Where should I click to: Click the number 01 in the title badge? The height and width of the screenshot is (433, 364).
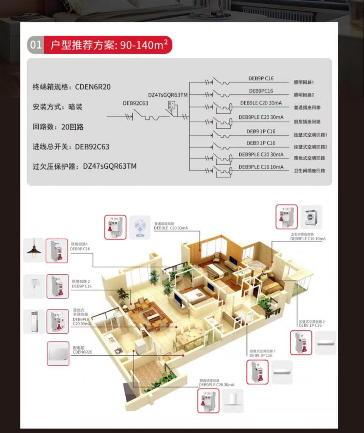(35, 45)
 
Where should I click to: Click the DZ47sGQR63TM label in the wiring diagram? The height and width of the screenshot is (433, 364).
(168, 95)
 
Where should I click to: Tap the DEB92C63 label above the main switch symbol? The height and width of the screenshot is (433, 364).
(135, 103)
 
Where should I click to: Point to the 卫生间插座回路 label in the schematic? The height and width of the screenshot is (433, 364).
(310, 171)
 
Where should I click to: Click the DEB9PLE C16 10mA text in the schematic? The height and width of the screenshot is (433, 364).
(261, 167)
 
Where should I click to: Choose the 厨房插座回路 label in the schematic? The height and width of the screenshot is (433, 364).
(307, 121)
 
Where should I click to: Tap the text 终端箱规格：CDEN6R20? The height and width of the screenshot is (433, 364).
(71, 87)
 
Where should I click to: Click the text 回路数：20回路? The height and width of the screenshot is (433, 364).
(58, 127)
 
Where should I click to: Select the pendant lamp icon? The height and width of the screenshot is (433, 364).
(34, 250)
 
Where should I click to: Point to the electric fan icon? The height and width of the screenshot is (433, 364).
(140, 227)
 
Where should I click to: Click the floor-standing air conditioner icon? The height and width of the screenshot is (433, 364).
(34, 322)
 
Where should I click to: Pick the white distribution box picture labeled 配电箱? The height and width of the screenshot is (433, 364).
(58, 354)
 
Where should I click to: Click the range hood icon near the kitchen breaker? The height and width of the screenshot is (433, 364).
(232, 401)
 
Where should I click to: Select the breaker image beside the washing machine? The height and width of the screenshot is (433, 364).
(287, 217)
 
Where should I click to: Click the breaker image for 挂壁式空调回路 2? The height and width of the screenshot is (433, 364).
(301, 343)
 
